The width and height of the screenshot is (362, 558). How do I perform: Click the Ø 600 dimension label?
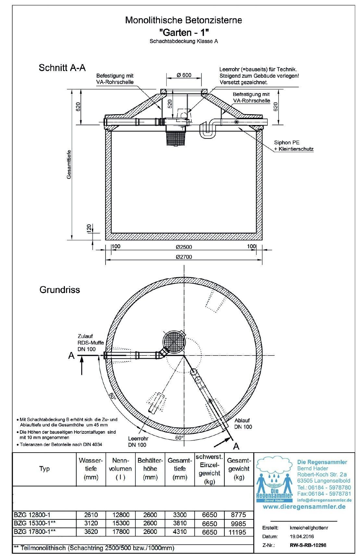[x=184, y=75]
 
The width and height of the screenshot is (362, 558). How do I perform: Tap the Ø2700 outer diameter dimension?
[x=184, y=257]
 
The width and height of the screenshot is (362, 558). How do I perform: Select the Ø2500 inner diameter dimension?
[x=184, y=247]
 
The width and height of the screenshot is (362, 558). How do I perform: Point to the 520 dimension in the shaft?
[x=170, y=104]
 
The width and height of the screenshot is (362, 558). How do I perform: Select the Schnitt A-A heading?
[x=62, y=67]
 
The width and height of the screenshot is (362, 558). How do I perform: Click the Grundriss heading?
[x=59, y=289]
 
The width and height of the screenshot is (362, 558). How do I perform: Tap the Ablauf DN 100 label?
[x=243, y=424]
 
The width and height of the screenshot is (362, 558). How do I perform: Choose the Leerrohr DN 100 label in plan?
[x=138, y=442]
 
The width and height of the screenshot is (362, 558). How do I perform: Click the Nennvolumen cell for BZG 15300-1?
[x=120, y=523]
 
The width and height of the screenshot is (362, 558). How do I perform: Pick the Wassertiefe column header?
[x=91, y=468]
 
